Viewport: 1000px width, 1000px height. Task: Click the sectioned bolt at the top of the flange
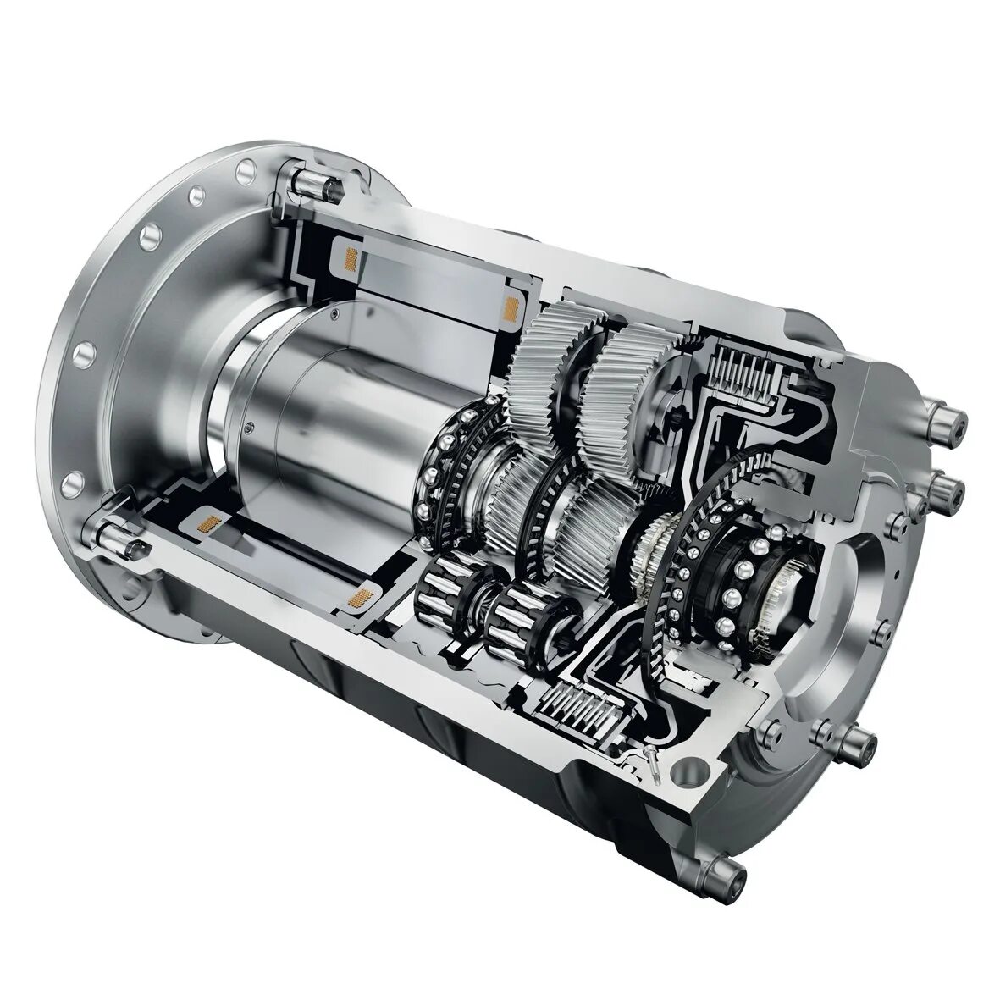tap(306, 180)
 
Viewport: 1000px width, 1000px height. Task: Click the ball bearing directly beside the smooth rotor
tap(445, 474)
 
